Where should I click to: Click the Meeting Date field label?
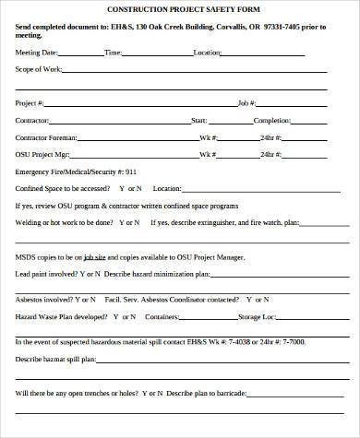click(x=36, y=53)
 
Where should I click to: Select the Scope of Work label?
click(x=37, y=69)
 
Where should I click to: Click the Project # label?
click(x=29, y=103)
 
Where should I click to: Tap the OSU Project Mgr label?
click(x=42, y=153)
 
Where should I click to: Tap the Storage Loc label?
click(x=258, y=316)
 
